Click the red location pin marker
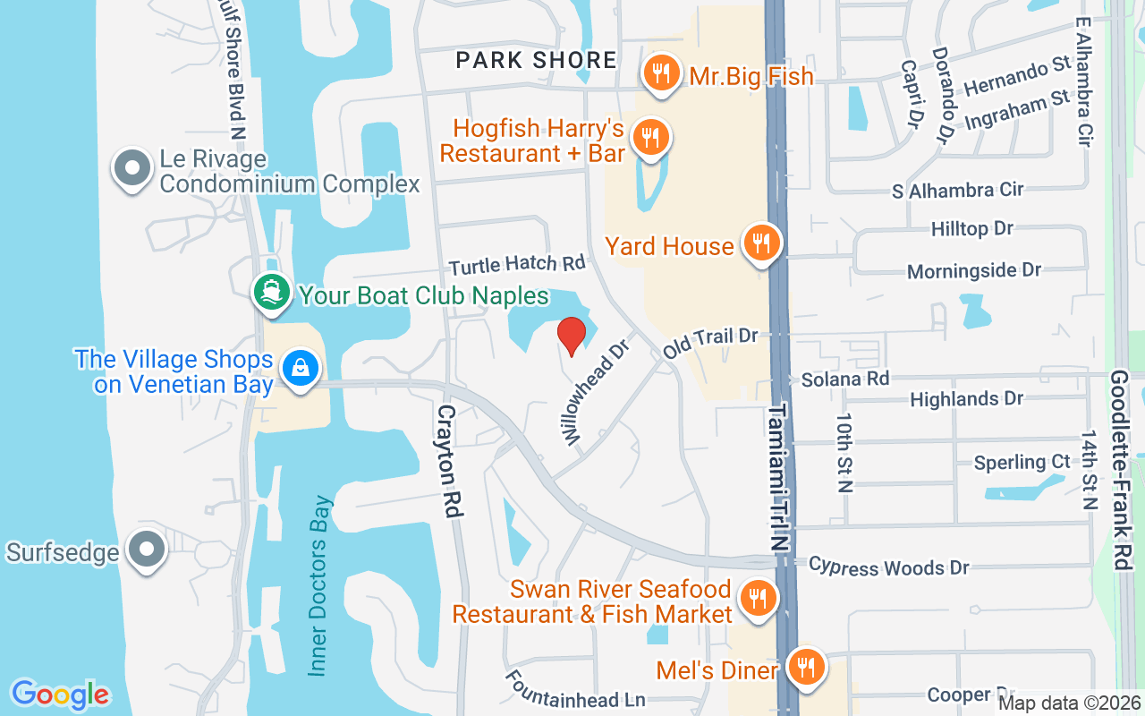point(572,336)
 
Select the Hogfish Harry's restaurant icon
point(651,138)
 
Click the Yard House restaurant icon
point(761,242)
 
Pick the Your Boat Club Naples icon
point(271,292)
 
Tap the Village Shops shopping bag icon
point(300,367)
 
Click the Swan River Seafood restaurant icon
point(758,597)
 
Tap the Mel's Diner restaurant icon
point(807,667)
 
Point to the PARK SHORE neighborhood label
point(536,60)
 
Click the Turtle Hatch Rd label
point(517,264)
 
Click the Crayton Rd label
point(449,460)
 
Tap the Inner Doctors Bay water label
point(320,586)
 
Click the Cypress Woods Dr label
point(888,567)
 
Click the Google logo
point(60,694)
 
